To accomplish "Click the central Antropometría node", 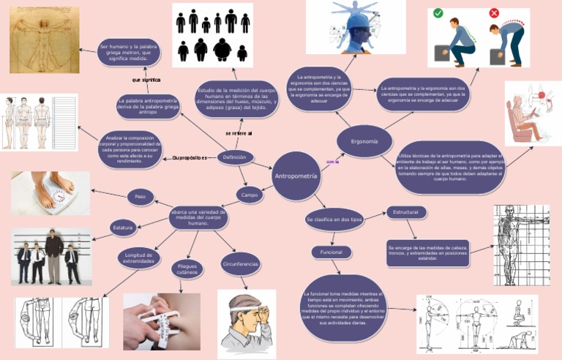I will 296,176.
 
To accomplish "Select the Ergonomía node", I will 364,140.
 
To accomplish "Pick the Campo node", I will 250,195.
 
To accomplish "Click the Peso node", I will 140,196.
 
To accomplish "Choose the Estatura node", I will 123,228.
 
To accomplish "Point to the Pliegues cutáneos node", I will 188,269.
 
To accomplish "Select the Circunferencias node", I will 240,263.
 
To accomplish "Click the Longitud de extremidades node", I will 138,257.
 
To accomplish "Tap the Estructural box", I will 405,212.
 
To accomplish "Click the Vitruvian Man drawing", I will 45,40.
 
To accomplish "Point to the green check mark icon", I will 438,14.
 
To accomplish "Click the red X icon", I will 494,13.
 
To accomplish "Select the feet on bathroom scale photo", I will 50,193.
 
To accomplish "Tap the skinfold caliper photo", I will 162,321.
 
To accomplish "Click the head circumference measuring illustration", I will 247,323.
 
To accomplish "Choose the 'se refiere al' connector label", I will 239,134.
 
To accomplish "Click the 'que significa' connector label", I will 146,80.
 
